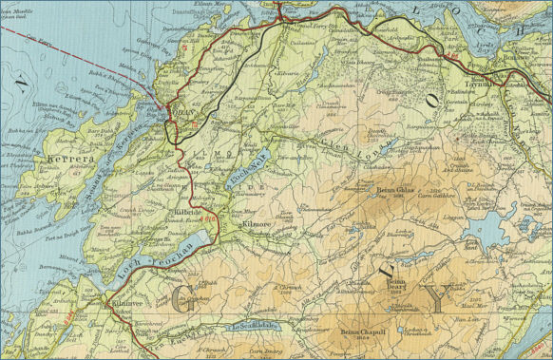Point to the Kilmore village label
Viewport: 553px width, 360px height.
point(257,225)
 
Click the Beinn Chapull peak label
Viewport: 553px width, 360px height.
point(362,333)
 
